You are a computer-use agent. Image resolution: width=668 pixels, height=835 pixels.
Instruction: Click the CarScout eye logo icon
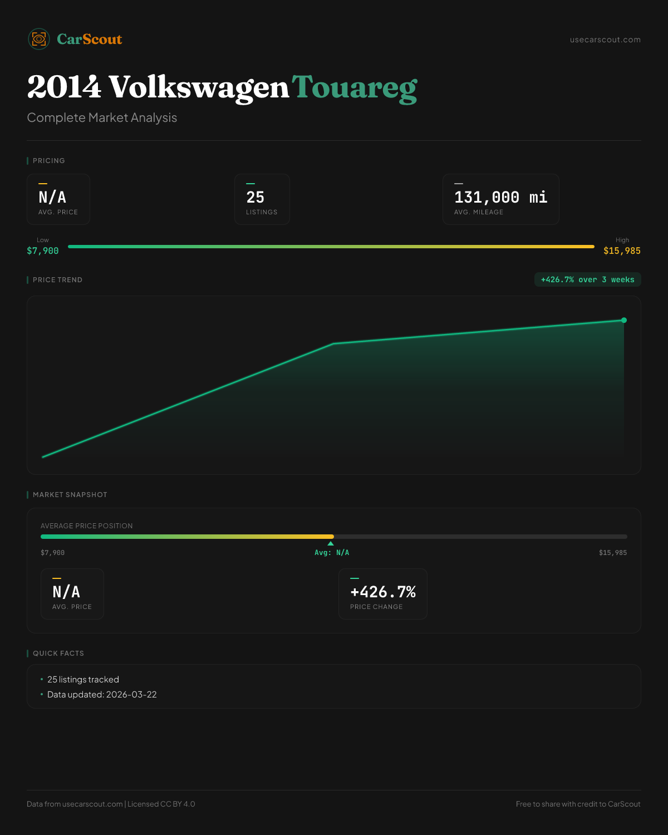coord(39,39)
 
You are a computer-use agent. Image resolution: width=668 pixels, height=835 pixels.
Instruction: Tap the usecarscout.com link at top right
coord(605,40)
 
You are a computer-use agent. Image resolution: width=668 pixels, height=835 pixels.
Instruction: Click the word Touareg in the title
coord(355,88)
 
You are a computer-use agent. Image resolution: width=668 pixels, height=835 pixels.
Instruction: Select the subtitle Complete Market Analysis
coord(102,118)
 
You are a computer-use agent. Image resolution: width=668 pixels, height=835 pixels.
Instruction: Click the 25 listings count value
coord(256,197)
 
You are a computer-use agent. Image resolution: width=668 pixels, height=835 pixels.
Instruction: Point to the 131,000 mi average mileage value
coord(500,197)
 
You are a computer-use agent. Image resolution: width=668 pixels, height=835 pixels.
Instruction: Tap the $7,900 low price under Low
coord(43,251)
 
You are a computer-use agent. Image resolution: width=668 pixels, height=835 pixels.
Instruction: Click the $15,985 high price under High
coord(622,251)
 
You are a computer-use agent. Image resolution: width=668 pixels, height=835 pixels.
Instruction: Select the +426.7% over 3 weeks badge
coord(587,280)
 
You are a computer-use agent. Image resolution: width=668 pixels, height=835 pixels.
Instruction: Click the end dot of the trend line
coord(624,320)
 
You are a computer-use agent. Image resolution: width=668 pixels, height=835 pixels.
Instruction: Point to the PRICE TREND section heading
coord(57,280)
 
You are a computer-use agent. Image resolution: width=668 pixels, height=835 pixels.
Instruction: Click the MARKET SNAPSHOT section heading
coord(70,495)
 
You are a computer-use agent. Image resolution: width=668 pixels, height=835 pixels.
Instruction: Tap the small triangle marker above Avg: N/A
coord(331,543)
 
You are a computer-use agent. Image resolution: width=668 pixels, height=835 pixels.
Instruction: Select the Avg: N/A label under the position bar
coord(332,553)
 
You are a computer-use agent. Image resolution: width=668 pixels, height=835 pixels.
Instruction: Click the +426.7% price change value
coord(383,592)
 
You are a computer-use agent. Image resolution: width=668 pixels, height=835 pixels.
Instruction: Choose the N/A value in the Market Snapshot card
coord(66,592)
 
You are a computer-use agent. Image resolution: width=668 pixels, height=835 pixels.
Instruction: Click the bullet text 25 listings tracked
coord(83,680)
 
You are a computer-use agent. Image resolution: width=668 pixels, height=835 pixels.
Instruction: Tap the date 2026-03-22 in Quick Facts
coord(131,695)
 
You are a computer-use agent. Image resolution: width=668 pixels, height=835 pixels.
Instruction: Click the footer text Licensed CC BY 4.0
coord(161,804)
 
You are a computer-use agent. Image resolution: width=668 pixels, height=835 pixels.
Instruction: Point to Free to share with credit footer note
coord(578,804)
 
